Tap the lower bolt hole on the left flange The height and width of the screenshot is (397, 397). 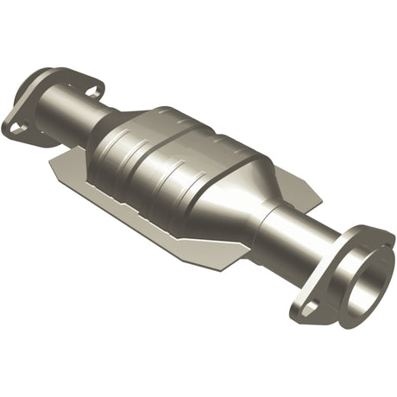click(18, 128)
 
